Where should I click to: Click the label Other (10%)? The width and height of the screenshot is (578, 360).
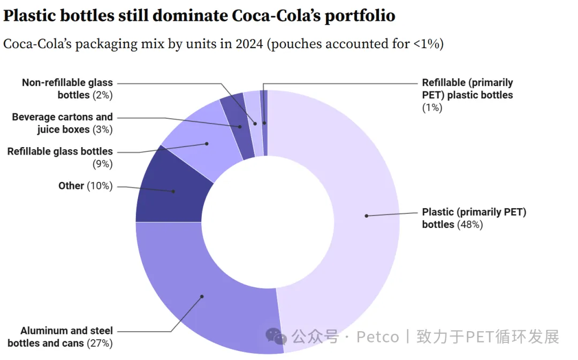click(x=86, y=186)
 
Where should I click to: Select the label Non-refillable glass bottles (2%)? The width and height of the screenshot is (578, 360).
click(x=68, y=89)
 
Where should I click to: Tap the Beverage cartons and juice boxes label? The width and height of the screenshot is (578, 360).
click(x=63, y=123)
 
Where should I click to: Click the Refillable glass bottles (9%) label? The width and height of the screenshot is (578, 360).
click(x=60, y=158)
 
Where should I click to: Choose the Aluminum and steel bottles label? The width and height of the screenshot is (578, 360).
click(x=60, y=337)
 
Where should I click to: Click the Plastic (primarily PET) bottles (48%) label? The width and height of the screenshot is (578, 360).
click(x=474, y=218)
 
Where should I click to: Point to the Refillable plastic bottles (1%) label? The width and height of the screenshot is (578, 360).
click(x=467, y=95)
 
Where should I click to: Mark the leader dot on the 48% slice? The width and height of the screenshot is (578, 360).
click(x=367, y=216)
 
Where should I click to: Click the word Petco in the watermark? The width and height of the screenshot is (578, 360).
click(x=378, y=337)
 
